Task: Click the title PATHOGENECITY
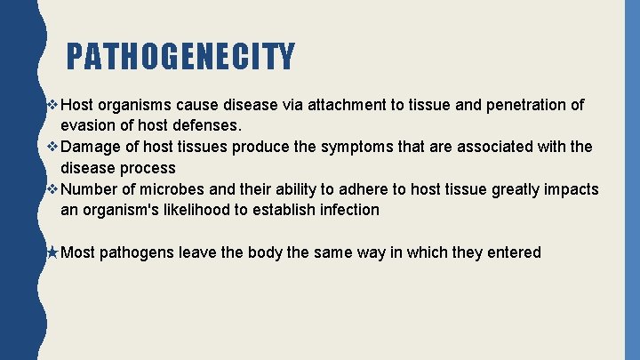click(180, 57)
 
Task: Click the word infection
click(347, 211)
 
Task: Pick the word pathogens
click(137, 252)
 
